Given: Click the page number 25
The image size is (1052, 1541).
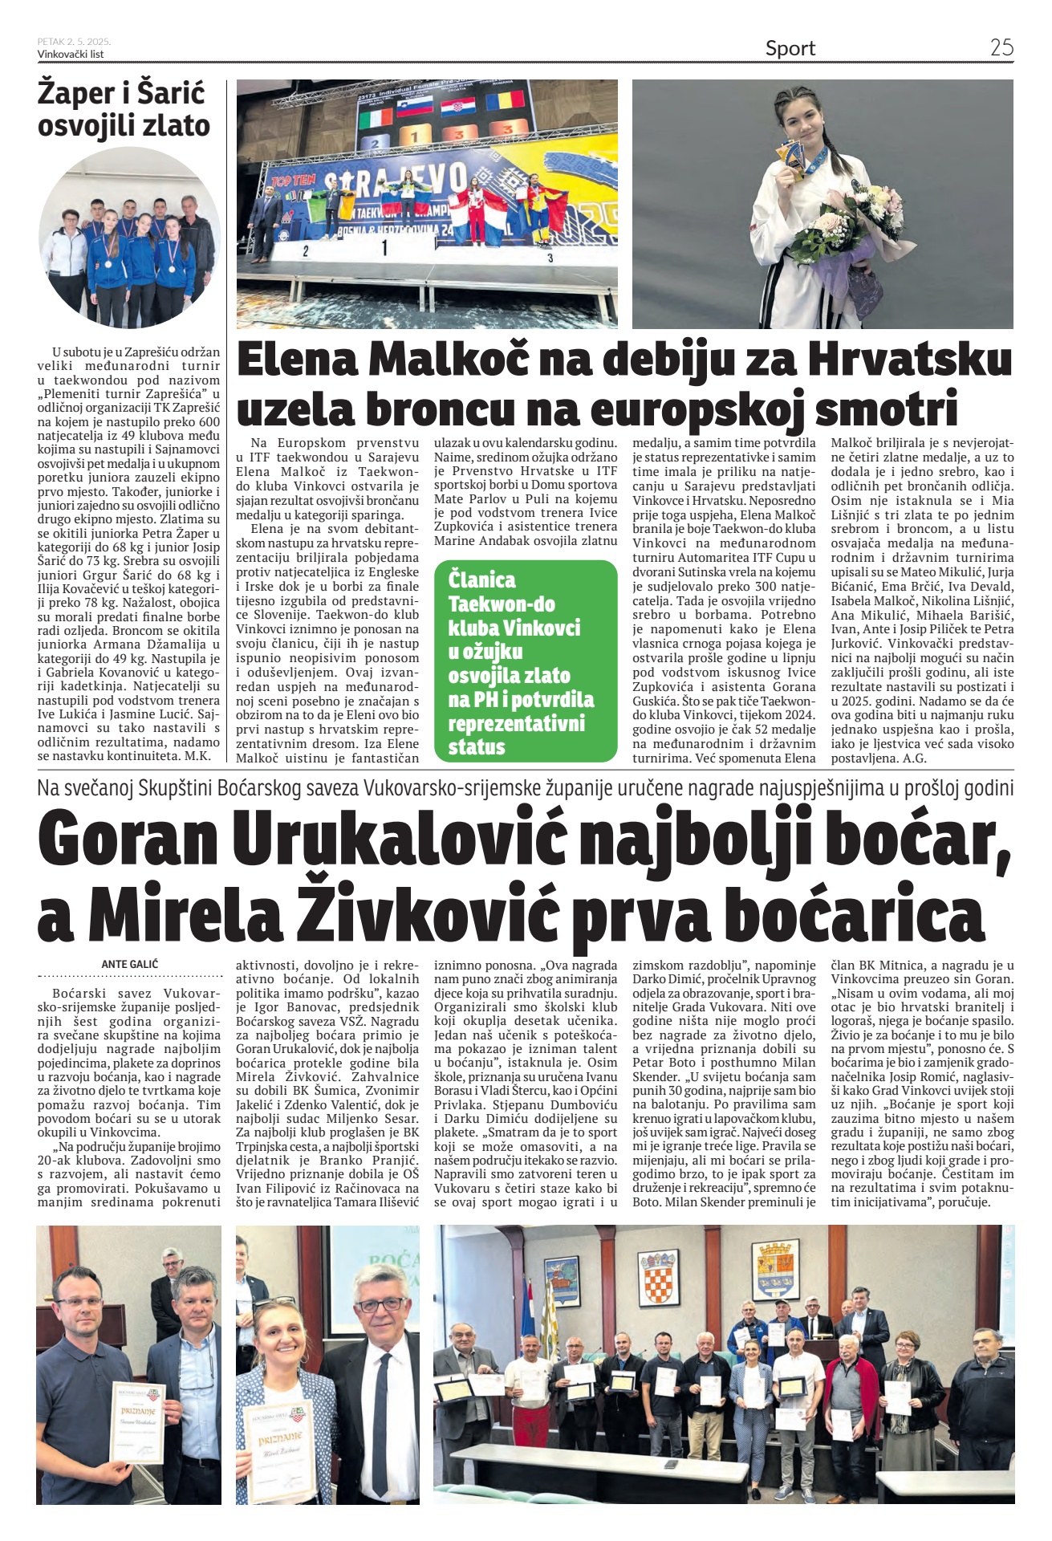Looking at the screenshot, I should point(1001,47).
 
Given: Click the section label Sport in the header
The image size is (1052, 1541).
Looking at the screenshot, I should point(790,48).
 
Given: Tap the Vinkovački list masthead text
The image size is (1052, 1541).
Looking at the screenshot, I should point(71,54).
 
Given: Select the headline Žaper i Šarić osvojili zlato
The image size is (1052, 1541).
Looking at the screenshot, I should point(124,109).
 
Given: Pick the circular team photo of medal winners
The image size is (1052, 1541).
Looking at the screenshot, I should point(128,238).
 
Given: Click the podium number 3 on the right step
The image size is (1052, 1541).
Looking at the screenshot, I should point(550,258).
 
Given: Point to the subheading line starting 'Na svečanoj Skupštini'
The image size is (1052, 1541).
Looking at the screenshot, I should point(526,788).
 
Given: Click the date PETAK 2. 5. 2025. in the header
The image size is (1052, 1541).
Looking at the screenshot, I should point(74,41).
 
